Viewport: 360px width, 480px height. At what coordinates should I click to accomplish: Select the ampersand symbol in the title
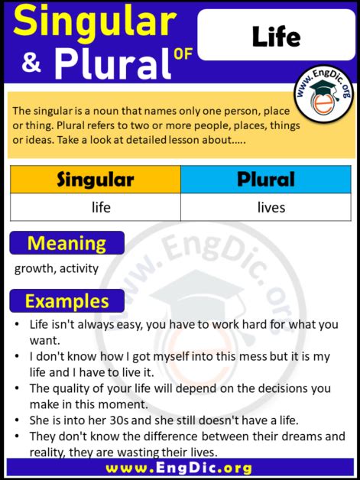click(x=31, y=66)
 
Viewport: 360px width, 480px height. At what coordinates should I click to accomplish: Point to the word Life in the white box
click(x=276, y=36)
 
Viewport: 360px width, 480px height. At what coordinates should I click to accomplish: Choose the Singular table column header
click(x=96, y=180)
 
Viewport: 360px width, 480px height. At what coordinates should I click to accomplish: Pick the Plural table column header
click(x=266, y=180)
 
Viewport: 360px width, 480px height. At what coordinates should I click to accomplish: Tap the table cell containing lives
click(x=271, y=207)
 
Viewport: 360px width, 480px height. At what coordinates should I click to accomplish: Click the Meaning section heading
click(x=66, y=243)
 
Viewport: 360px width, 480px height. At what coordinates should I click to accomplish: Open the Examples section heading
click(x=66, y=300)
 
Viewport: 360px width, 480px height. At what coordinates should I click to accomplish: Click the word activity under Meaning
click(x=78, y=269)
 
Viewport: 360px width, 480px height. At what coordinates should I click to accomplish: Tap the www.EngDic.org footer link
click(x=180, y=468)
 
